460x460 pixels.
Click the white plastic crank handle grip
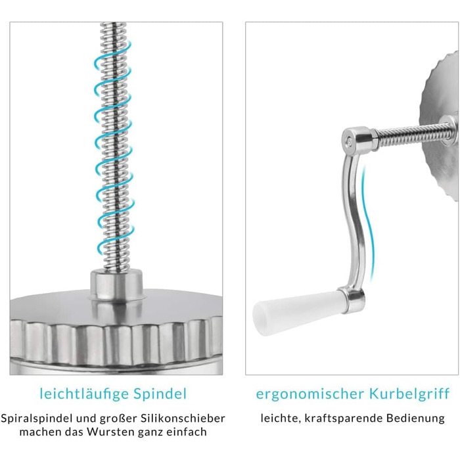[x=296, y=311]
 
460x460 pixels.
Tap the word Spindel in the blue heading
[x=160, y=394]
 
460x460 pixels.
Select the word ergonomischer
[x=310, y=394]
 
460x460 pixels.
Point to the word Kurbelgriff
[x=409, y=394]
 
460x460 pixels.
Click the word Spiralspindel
[x=37, y=418]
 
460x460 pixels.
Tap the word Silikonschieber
[x=183, y=418]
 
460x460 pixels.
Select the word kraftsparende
[x=343, y=418]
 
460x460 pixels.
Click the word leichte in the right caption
[x=280, y=418]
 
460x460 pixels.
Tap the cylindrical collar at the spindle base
[x=116, y=285]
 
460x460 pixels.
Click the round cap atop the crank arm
[x=358, y=139]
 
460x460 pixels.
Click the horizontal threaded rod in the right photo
[x=412, y=134]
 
